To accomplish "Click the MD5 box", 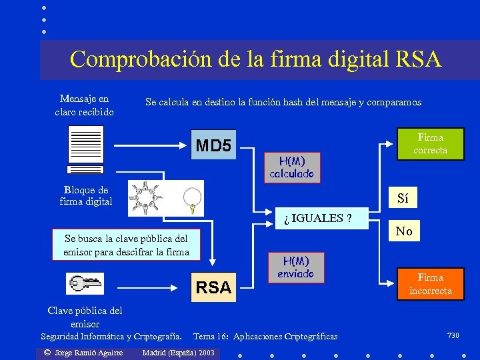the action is pos(213,145).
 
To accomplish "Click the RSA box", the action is pos(214,287).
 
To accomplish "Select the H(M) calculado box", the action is pos(291,167).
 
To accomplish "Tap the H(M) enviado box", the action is pos(296,267).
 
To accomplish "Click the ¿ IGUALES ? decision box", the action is pos(322,217).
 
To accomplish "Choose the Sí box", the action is pos(403,198).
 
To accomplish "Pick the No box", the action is pos(404,231).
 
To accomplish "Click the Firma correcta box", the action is pos(430,144).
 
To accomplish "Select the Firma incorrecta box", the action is pos(430,284).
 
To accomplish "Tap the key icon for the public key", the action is pos(85,283).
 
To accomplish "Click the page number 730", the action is pos(453,335).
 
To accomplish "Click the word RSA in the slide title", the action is pos(418,59).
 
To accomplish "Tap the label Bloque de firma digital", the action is pos(86,195).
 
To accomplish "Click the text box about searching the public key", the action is pos(126,245).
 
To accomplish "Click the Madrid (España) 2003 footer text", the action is pos(179,352).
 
